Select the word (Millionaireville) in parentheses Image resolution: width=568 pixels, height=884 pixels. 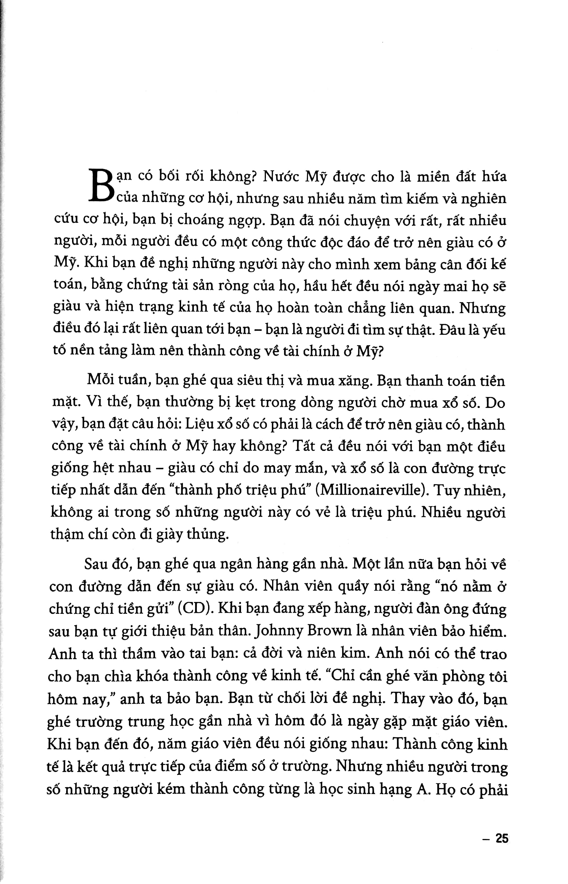click(373, 491)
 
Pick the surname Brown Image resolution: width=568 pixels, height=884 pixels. click(331, 632)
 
